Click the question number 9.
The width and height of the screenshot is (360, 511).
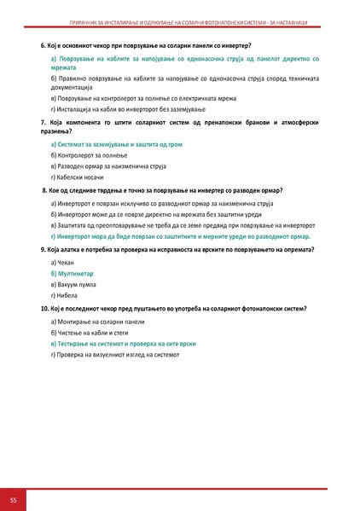point(44,248)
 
